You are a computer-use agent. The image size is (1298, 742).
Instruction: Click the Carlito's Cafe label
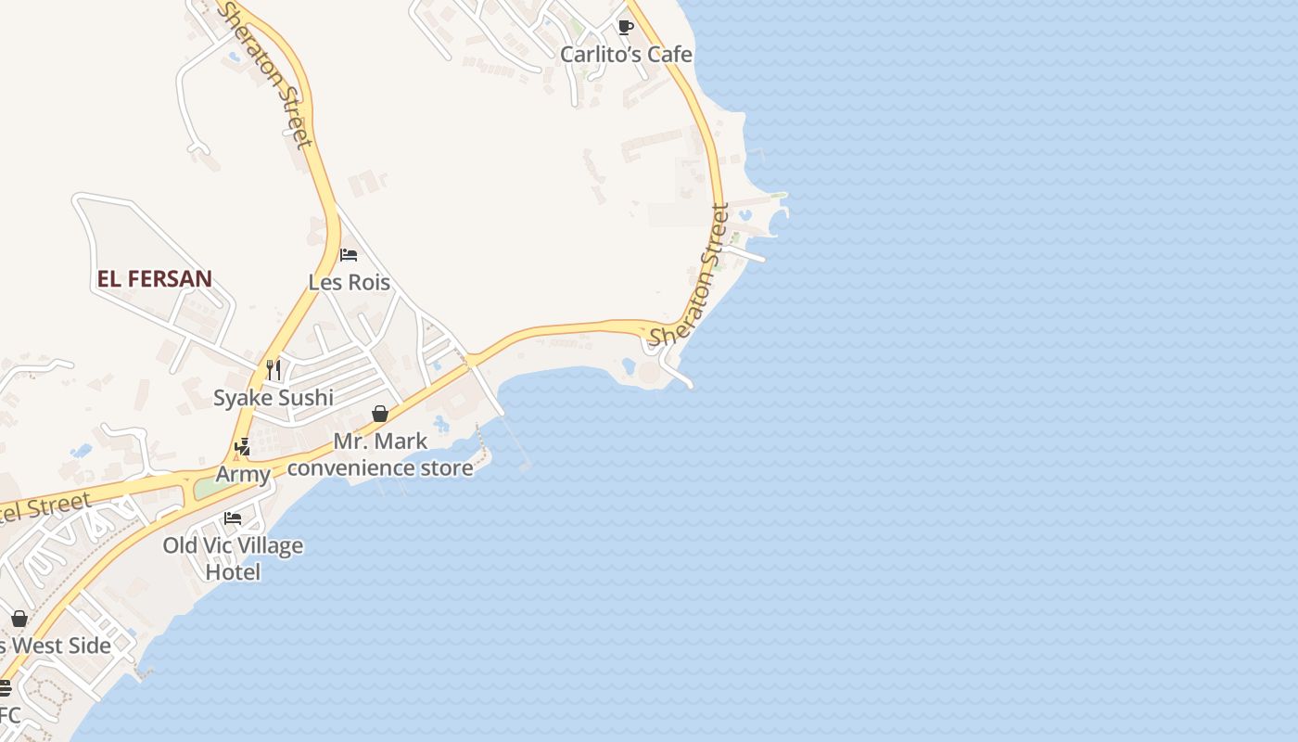(x=626, y=55)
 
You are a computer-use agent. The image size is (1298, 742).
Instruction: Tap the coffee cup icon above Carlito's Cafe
(x=625, y=27)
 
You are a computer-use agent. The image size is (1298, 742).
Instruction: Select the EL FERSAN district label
(x=155, y=278)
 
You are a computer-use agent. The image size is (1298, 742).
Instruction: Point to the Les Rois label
(x=349, y=282)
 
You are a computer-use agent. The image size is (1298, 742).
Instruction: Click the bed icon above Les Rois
(x=349, y=254)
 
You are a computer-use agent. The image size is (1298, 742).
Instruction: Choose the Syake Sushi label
(x=274, y=398)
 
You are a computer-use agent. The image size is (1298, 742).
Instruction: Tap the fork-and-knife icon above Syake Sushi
(x=274, y=370)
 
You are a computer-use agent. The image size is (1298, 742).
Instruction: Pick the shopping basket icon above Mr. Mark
(x=380, y=414)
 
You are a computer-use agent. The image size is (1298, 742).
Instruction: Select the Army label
(x=243, y=475)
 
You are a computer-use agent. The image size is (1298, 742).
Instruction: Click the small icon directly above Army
(x=243, y=448)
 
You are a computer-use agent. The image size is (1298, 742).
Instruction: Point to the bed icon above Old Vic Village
(x=233, y=518)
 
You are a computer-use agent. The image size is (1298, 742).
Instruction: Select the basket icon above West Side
(x=19, y=619)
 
